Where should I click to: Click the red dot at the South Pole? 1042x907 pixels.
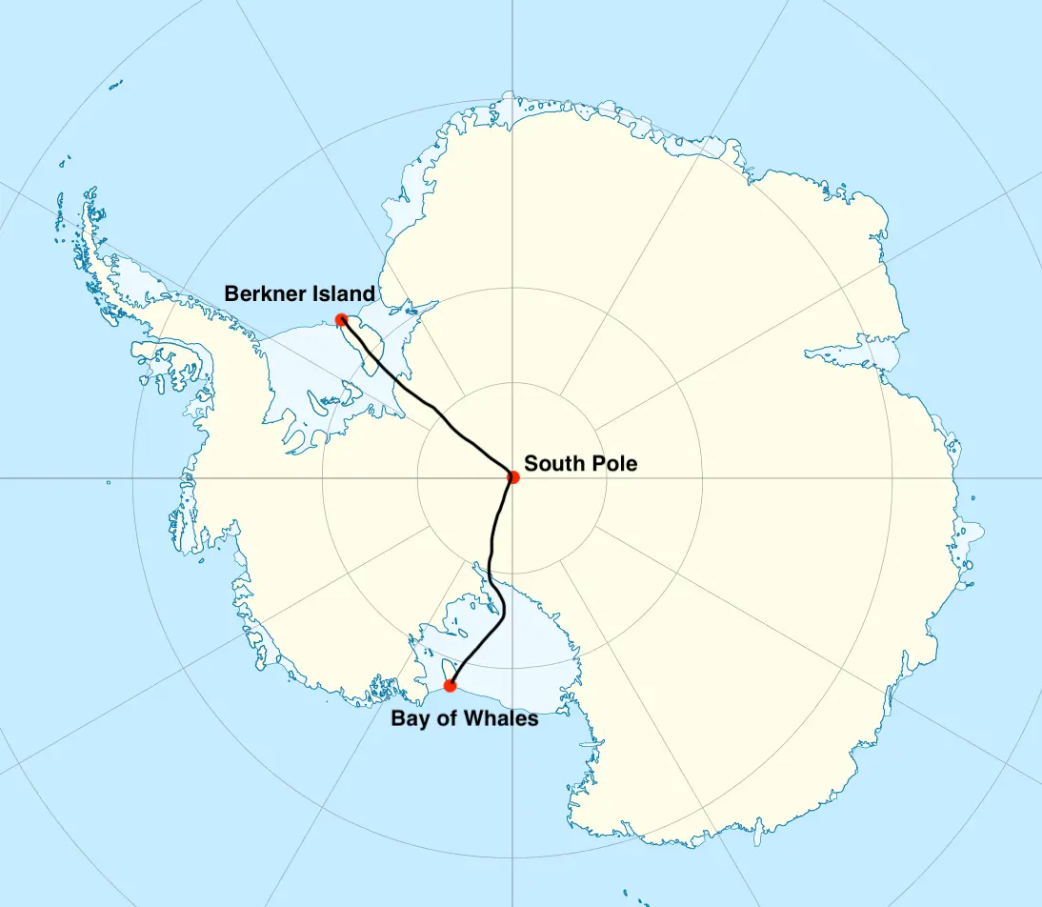pos(513,476)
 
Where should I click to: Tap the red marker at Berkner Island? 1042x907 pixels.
pos(341,319)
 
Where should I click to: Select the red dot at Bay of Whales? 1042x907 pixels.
pos(451,685)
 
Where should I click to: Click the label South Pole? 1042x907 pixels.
pos(581,464)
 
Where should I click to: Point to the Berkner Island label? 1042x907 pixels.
pos(299,293)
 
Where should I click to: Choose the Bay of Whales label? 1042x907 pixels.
pos(465,718)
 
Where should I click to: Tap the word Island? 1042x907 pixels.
pos(342,293)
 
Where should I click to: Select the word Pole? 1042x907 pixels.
pos(615,464)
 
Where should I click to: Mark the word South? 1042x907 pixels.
pos(556,464)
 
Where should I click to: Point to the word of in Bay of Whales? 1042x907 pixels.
pos(444,718)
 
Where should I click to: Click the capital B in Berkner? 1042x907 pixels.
pos(231,293)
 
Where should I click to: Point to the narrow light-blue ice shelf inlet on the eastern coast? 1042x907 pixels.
pos(857,353)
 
